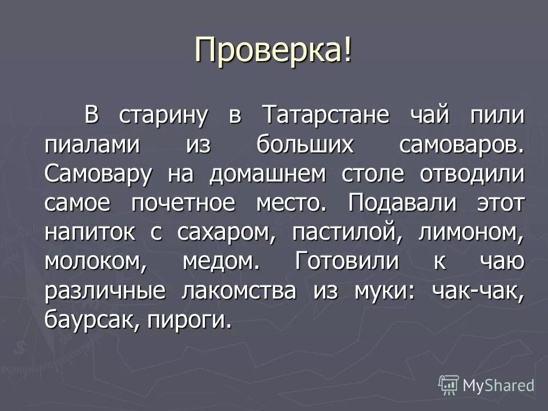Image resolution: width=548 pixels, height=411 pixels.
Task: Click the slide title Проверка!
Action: (273, 51)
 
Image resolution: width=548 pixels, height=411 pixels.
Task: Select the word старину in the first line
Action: (162, 115)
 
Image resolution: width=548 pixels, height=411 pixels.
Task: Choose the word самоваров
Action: (461, 144)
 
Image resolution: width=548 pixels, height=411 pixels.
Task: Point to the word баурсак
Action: (91, 321)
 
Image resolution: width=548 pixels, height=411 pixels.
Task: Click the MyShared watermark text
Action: (498, 385)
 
